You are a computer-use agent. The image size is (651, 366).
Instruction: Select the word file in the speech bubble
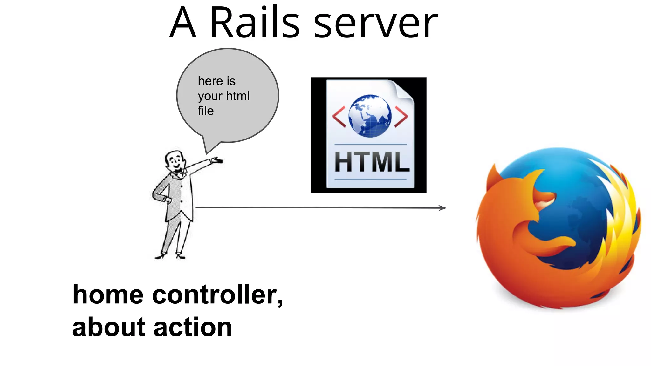point(206,111)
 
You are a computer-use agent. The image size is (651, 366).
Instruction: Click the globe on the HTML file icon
point(370,116)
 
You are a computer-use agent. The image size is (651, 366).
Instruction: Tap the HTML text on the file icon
point(372,162)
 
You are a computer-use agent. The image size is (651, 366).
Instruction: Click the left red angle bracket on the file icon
point(339,117)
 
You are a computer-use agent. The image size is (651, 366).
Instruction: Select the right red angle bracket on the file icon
point(401,117)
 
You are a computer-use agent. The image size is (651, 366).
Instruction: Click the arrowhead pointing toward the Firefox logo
point(443,208)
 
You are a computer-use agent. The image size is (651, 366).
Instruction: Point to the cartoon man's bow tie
point(180,171)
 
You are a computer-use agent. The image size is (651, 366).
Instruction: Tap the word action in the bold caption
point(193,327)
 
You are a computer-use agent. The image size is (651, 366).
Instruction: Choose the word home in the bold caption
point(108,295)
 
